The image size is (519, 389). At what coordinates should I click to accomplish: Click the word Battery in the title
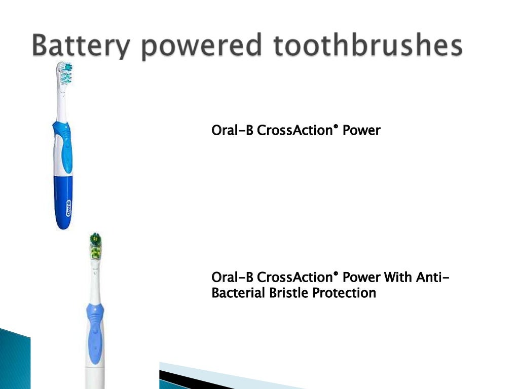81,46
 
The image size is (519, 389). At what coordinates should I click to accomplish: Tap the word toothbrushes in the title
368,46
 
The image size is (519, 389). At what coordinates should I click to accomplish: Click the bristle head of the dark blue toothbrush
64,74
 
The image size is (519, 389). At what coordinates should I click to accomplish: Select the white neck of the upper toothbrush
62,106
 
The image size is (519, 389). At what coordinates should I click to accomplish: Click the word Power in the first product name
361,131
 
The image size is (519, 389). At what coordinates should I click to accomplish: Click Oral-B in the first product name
232,131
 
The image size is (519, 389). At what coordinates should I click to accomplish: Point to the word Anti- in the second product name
432,278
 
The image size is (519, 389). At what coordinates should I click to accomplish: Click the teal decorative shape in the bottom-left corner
14,360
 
